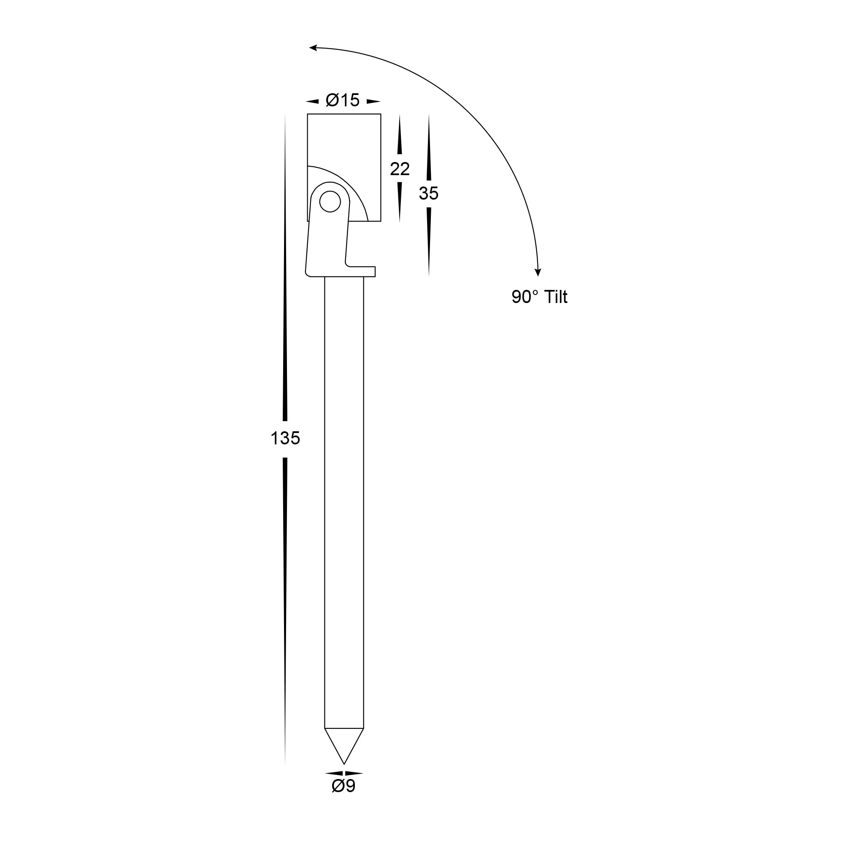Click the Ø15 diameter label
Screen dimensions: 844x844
click(343, 100)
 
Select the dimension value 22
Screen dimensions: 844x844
click(400, 169)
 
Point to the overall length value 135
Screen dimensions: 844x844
click(285, 438)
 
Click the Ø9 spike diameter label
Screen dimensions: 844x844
click(344, 798)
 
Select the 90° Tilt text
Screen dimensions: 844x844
click(539, 297)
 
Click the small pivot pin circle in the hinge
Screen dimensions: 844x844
click(330, 201)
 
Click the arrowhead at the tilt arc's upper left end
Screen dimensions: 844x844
click(313, 47)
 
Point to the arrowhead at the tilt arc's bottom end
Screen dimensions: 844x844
click(538, 272)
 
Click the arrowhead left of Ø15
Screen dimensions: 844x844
click(312, 102)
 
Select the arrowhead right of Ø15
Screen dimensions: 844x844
click(373, 102)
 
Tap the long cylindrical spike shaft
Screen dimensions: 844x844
click(344, 481)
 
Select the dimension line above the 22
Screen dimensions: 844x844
click(399, 135)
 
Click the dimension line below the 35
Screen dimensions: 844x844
click(429, 240)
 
